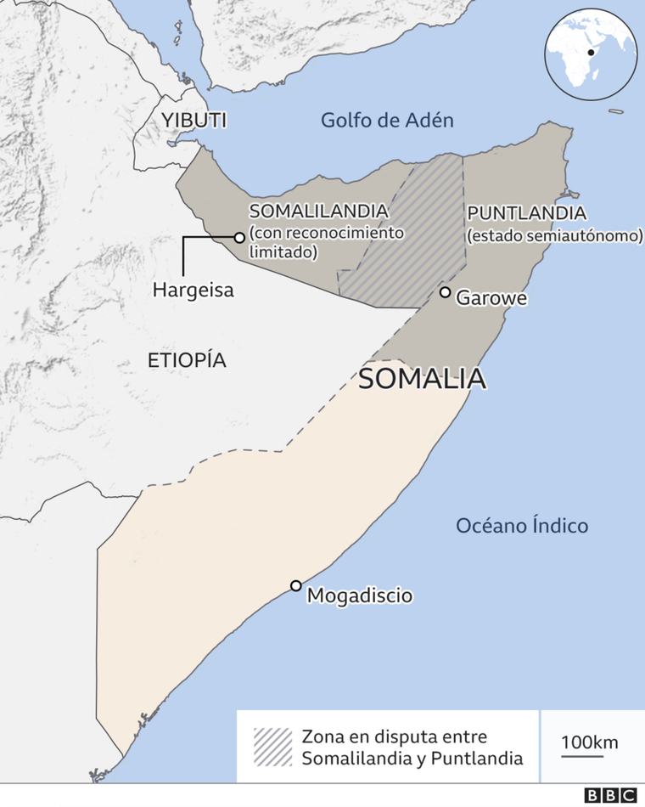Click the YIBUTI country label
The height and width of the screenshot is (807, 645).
point(194,119)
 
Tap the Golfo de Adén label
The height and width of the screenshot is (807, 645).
point(387,120)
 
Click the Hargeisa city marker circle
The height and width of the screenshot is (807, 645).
point(239,238)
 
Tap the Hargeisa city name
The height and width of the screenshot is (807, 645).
point(193,290)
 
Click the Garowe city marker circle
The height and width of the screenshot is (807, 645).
point(445,292)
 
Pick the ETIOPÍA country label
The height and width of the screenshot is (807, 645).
point(187,360)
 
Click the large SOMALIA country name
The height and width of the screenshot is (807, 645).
point(422,378)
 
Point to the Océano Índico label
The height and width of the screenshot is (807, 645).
point(522,525)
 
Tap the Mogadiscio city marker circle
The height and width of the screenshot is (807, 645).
point(295,585)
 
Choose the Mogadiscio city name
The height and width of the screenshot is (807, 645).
point(360,595)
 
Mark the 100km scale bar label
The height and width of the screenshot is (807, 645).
point(590,741)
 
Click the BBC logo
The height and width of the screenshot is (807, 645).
point(610,795)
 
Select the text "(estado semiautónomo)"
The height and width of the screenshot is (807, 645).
point(554,235)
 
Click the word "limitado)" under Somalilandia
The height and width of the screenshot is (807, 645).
point(283,251)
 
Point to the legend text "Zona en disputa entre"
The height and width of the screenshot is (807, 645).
point(395,736)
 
